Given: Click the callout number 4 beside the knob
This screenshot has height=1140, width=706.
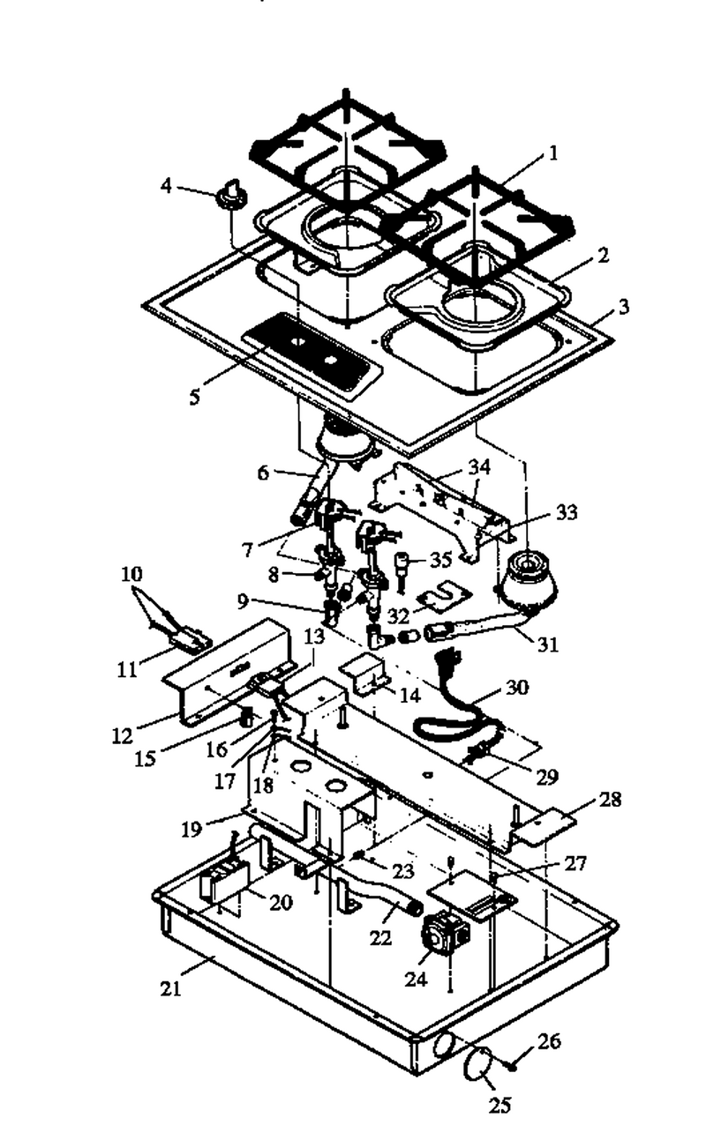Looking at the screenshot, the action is coord(166,186).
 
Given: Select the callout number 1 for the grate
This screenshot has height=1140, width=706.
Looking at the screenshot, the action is coord(553,153).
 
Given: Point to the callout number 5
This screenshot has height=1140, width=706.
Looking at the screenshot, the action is coord(194,398).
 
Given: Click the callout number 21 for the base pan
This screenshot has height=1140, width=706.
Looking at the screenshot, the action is coord(170,988).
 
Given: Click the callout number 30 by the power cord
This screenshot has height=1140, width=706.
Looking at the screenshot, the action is coord(517,687).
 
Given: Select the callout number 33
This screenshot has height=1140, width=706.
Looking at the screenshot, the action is coord(567,512).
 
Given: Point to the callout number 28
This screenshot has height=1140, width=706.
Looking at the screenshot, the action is coord(610,799).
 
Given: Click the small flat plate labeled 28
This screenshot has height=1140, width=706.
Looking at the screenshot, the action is coord(544,829).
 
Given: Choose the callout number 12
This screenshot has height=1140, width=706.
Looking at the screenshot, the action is coord(123,735).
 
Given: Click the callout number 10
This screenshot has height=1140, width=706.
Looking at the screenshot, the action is coord(131,574).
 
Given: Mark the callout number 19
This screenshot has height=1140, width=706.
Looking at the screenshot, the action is coord(192,830).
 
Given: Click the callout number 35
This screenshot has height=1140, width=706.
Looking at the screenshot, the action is coord(440,559).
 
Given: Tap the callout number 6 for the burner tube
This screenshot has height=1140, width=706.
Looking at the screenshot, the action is coord(263,473).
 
